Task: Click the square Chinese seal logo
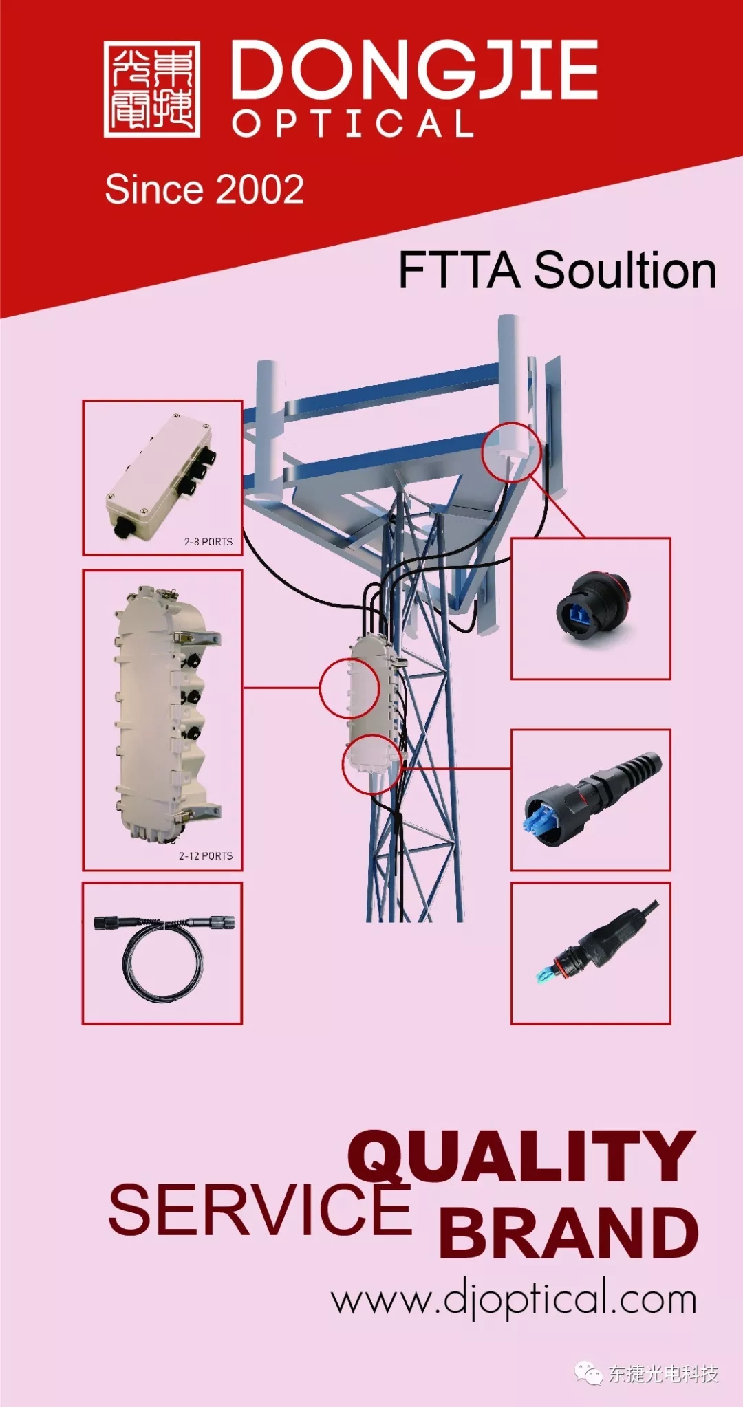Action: tap(152, 89)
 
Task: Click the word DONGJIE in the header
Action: tap(414, 69)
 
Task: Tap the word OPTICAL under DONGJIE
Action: tap(352, 124)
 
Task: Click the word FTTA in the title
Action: tap(459, 270)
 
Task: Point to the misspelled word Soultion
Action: tap(625, 270)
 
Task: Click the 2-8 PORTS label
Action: tap(208, 542)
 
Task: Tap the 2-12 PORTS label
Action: tap(206, 856)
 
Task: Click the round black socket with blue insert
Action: tap(593, 605)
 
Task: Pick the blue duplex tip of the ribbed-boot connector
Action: tap(540, 822)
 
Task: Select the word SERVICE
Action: tap(260, 1210)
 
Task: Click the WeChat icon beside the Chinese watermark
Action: tap(589, 1373)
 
